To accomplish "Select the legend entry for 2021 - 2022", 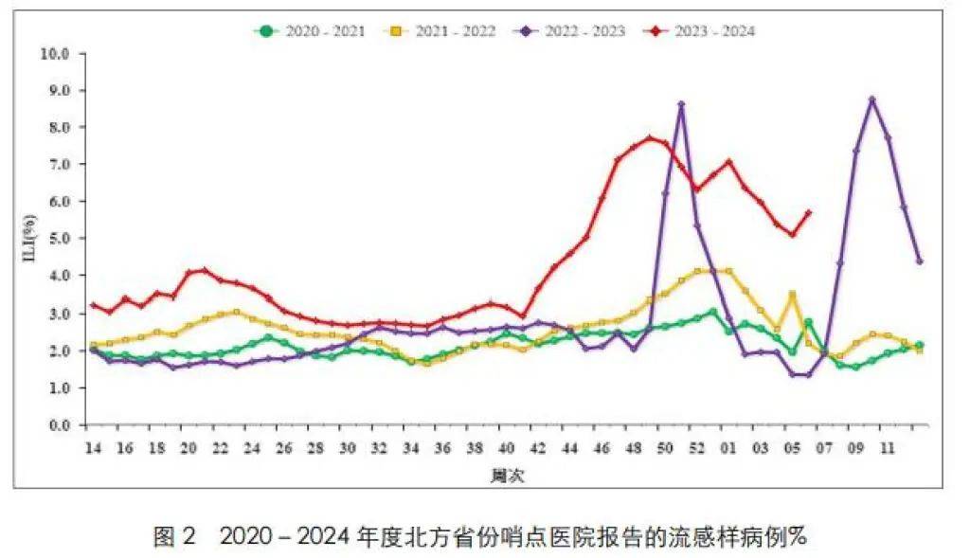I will [440, 30].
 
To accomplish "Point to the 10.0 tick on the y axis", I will [56, 53].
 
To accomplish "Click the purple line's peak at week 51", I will [681, 104].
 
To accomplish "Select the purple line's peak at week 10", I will [871, 99].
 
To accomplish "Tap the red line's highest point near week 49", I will [650, 137].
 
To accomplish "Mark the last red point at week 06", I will [808, 212].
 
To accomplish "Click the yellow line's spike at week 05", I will [792, 294].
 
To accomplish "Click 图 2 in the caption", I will [173, 537].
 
